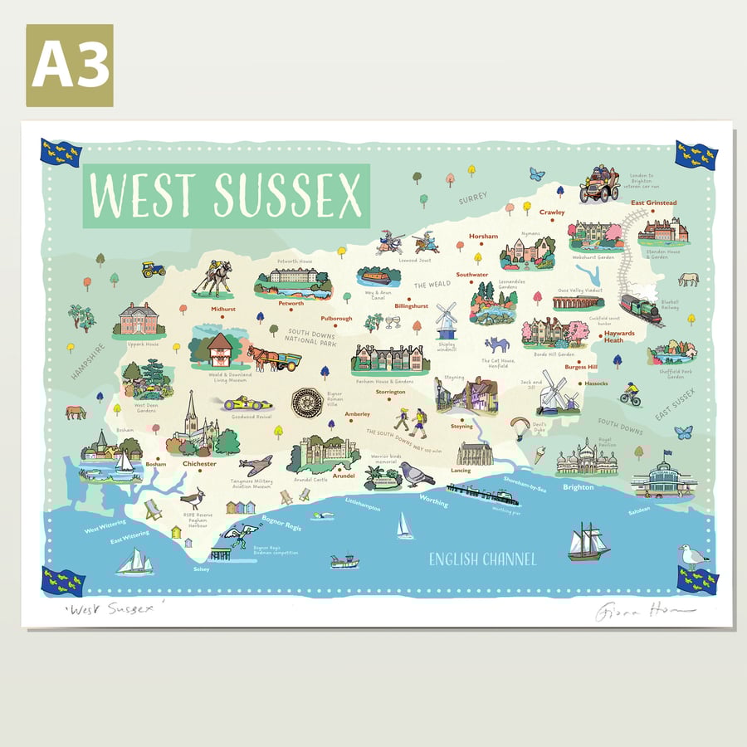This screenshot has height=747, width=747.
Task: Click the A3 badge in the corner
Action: point(70,66)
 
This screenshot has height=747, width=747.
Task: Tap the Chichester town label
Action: point(199,464)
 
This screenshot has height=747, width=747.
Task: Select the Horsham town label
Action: point(483,237)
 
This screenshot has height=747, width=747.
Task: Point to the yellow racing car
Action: point(247,404)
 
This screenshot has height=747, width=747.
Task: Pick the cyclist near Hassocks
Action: point(632,394)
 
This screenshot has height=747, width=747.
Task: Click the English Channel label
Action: point(482,559)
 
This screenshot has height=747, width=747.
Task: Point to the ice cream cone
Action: point(539,455)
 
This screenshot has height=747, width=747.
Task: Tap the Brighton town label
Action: point(578,487)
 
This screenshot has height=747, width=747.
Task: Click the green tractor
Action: point(153,269)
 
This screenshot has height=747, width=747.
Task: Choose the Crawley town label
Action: point(551,212)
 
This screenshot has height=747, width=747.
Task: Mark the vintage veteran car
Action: point(598,183)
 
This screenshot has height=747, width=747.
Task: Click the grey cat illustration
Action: point(496,344)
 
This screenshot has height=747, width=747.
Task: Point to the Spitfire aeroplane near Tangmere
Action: point(255,465)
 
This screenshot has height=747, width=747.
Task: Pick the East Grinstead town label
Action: point(653,203)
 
